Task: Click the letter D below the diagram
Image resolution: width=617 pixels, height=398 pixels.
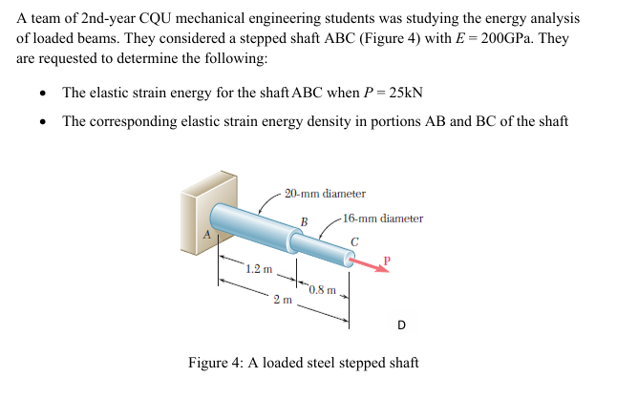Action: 401,325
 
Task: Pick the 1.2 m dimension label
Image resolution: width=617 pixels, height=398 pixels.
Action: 257,270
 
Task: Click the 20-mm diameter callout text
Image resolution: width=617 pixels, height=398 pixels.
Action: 325,194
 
